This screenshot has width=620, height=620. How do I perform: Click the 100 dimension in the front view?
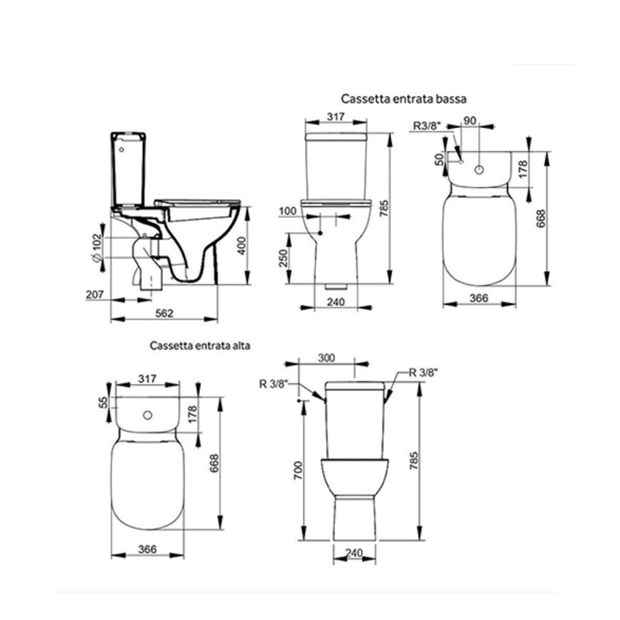(288, 211)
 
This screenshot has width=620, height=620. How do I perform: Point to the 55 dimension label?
(104, 402)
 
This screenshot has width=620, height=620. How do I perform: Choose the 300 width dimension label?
(326, 358)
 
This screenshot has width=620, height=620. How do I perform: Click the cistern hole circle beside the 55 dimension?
(147, 416)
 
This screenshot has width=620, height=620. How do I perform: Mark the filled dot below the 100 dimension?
(320, 233)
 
